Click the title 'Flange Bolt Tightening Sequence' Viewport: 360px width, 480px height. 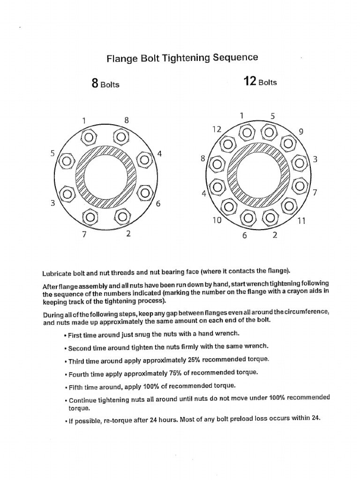coord(182,58)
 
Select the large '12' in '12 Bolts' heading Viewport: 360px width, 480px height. coord(249,82)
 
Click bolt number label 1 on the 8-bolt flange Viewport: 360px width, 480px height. coord(84,120)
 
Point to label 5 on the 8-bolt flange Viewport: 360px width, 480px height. coord(52,153)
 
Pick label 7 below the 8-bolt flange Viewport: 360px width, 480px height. coord(84,235)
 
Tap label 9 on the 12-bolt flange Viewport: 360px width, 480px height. coord(301,132)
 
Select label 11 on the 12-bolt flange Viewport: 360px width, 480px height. coord(301,221)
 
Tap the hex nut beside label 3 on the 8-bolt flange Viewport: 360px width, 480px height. coord(67,193)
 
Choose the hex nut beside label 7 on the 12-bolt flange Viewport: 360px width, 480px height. coord(298,187)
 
